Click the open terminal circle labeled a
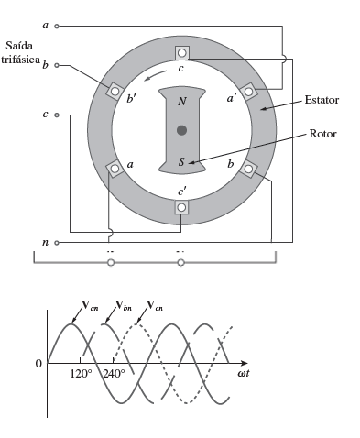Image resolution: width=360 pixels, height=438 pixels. (57, 27)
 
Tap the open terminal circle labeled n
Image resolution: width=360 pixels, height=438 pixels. (57, 243)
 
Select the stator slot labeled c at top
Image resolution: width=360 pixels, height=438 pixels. (182, 53)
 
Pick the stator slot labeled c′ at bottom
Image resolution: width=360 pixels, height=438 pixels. (181, 207)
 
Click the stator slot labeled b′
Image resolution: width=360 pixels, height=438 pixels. (115, 91)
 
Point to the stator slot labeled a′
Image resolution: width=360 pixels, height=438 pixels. (248, 92)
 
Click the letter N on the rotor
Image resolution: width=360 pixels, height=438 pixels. (182, 102)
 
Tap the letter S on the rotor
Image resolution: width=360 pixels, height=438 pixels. (181, 161)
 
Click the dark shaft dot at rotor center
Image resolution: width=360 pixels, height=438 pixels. (181, 130)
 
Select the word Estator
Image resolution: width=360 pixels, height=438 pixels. (322, 100)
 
